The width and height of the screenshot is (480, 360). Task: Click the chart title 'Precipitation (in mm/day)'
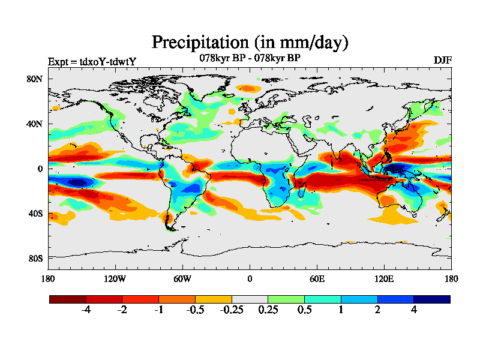250,43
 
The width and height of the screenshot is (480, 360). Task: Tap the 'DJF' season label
442,60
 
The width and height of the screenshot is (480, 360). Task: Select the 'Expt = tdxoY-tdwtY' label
92,62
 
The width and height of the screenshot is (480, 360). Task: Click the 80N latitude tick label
34,79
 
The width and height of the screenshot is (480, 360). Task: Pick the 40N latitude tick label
34,124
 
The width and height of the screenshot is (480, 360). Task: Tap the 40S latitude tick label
35,213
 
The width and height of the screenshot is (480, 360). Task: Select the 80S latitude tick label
35,258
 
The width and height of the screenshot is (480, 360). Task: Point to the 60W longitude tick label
182,278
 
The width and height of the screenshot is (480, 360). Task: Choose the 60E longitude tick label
316,278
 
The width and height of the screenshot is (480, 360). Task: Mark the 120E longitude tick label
383,278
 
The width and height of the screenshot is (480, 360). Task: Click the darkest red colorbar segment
68,299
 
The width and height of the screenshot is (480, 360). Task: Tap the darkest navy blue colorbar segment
431,299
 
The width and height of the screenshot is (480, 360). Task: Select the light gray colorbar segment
250,299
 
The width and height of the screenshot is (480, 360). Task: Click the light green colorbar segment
286,299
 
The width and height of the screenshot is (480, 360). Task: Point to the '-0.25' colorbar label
231,310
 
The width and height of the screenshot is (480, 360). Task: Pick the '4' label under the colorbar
413,310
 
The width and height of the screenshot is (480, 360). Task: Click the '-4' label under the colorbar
86,310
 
